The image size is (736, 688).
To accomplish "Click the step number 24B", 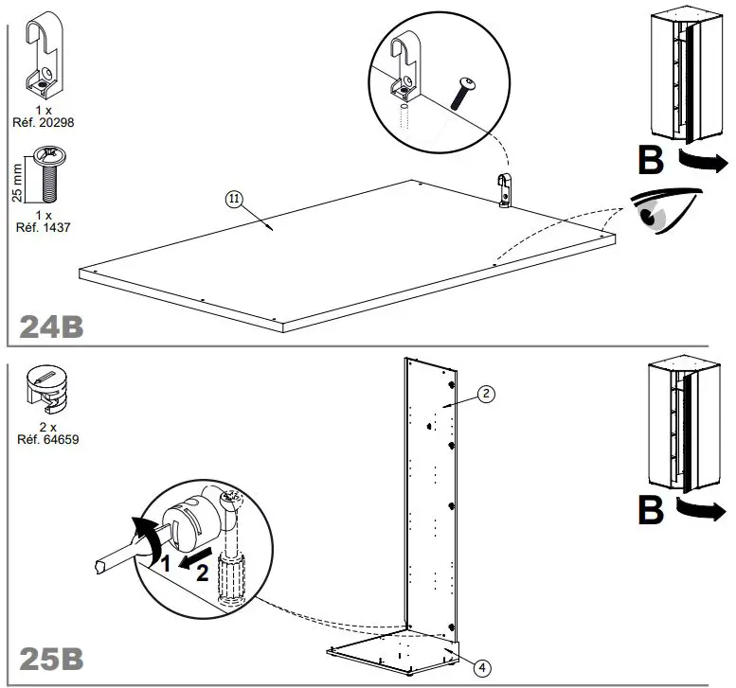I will (x=52, y=326).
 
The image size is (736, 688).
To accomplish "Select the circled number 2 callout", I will (x=484, y=395).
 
